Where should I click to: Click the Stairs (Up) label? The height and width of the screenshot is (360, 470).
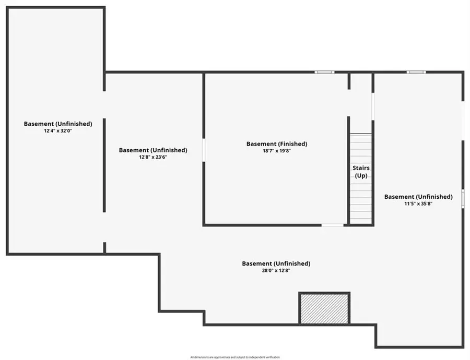point(361,172)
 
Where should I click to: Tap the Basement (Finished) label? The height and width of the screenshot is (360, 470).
point(277,143)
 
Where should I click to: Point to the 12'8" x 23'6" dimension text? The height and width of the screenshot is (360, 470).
point(153,157)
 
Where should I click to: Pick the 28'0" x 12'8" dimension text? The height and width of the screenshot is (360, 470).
point(276,270)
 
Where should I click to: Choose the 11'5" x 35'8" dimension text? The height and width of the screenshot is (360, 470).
point(418,203)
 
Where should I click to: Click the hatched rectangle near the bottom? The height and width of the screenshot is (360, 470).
point(324,308)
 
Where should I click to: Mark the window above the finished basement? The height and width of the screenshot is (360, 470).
point(324,72)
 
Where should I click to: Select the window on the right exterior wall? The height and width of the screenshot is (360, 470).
point(463,199)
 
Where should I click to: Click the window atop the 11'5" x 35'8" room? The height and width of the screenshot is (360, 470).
point(416,72)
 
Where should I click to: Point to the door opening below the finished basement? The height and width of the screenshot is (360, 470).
point(332,225)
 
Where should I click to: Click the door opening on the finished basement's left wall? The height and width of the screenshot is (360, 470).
point(203,150)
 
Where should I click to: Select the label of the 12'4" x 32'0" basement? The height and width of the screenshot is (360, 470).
point(58,124)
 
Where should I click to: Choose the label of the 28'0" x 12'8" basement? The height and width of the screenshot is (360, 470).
point(276,263)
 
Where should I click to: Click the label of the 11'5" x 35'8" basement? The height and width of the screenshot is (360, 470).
point(418,197)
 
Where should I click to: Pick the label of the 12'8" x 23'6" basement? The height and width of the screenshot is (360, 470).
point(153,150)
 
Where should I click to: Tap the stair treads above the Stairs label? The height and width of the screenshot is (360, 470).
point(361,148)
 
